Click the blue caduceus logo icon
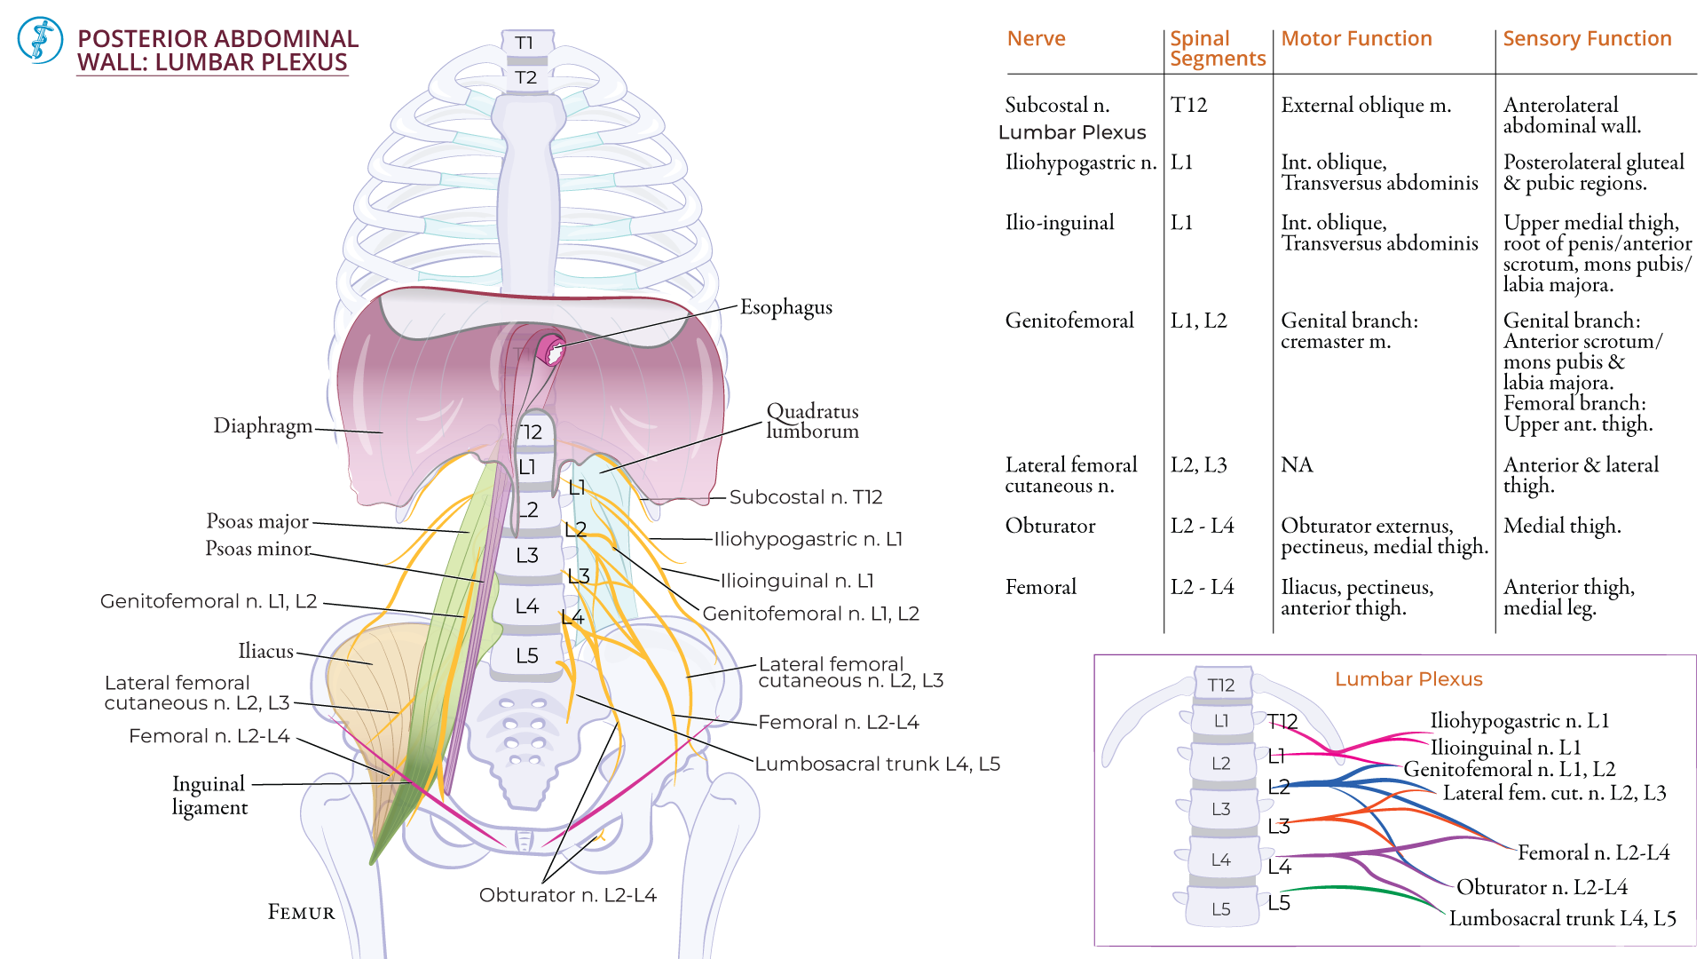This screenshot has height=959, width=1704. (x=40, y=40)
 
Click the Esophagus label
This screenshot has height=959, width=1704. (x=785, y=307)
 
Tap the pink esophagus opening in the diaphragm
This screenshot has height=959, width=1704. (x=554, y=352)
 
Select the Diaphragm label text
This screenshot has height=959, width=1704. (x=263, y=426)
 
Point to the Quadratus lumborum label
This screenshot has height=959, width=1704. (x=812, y=421)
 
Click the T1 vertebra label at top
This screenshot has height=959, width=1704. (x=525, y=43)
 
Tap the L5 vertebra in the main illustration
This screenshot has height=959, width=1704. (x=527, y=655)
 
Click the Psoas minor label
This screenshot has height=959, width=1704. (x=257, y=549)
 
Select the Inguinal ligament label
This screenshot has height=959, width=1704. (x=209, y=796)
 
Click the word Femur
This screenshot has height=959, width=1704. (x=302, y=913)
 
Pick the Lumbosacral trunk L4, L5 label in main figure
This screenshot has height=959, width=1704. (x=877, y=764)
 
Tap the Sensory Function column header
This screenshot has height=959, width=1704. (x=1587, y=39)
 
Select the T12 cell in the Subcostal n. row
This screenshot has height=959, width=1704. (x=1188, y=105)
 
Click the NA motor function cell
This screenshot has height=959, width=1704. (x=1296, y=465)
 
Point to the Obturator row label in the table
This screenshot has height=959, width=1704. (x=1050, y=526)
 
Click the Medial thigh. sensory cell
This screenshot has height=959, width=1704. (x=1561, y=526)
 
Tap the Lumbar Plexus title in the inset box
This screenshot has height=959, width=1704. (x=1408, y=679)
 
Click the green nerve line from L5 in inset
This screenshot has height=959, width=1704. (x=1358, y=889)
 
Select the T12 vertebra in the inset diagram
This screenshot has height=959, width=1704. (x=1221, y=685)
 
